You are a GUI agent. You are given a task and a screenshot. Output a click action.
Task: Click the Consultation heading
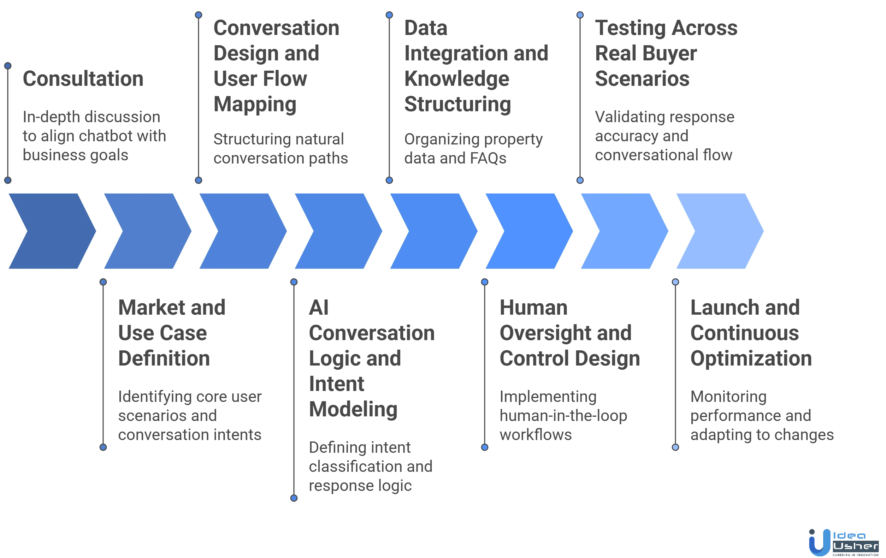(83, 79)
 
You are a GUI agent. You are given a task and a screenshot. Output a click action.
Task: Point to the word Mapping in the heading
(254, 105)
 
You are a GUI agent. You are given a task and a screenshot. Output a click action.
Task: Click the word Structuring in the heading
(457, 105)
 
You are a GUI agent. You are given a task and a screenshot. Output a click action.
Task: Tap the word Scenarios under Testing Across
(641, 79)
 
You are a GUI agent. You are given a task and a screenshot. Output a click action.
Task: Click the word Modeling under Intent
(353, 410)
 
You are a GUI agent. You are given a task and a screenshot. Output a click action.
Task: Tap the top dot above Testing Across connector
(580, 15)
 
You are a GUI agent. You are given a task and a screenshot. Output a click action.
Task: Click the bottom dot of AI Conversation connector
(294, 498)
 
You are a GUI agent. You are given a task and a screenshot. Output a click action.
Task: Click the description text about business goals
(94, 136)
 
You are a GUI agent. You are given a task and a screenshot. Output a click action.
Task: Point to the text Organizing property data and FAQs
(473, 149)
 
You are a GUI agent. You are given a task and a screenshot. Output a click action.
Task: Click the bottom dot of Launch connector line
(675, 447)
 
